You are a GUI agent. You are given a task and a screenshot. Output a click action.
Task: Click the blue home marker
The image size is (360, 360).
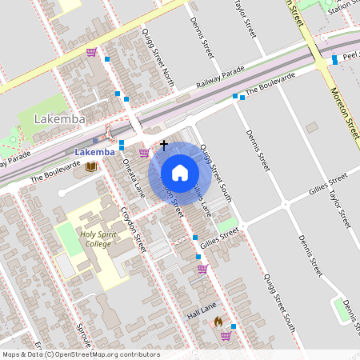click(x=180, y=172)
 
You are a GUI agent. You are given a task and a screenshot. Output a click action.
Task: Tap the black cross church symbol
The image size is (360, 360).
click(x=164, y=146)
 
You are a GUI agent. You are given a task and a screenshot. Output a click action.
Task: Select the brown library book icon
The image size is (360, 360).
click(x=91, y=166)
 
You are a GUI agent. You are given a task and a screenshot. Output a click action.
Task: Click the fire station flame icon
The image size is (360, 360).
click(x=217, y=321)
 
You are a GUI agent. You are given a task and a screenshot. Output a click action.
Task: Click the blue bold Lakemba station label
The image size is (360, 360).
click(x=94, y=152)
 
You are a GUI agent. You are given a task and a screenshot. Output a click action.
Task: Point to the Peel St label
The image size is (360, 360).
click(x=349, y=57)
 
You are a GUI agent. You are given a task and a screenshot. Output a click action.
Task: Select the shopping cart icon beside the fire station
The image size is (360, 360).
click(x=226, y=335)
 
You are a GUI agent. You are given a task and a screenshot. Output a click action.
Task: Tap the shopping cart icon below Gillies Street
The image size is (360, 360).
click(x=202, y=269)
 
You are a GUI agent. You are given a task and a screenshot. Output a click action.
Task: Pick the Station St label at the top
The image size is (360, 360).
click(x=341, y=7)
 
